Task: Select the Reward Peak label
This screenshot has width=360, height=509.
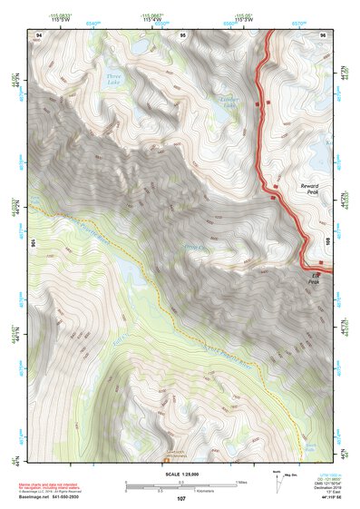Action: (x=310, y=189)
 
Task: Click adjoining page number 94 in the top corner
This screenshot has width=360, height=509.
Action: (x=39, y=34)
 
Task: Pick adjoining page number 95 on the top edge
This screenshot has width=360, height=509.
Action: (x=182, y=34)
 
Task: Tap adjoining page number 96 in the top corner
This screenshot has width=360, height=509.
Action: (x=322, y=34)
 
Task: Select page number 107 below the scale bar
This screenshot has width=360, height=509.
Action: (x=181, y=498)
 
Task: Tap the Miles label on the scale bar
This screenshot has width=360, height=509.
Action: (x=242, y=481)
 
